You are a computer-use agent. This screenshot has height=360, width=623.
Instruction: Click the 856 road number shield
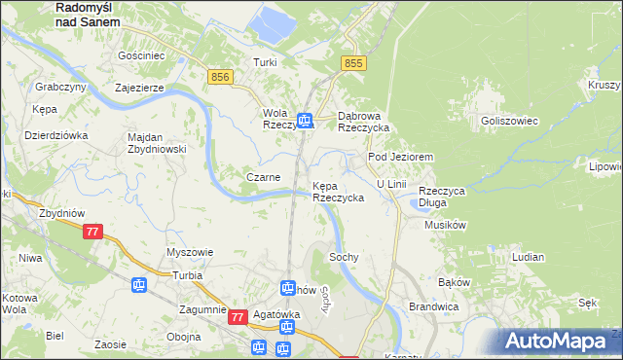pyautogui.click(x=220, y=75)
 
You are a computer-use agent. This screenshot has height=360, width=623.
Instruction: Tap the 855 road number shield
pyautogui.click(x=353, y=62)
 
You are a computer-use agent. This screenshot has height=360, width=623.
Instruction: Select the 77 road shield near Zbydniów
pyautogui.click(x=92, y=232)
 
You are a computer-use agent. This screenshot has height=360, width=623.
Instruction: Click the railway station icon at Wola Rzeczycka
pyautogui.click(x=306, y=120)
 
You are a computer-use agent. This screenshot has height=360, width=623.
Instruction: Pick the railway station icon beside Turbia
pyautogui.click(x=138, y=285)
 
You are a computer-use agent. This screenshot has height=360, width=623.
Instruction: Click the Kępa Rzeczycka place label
pyautogui.click(x=338, y=191)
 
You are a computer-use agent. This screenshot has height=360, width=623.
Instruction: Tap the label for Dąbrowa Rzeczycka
pyautogui.click(x=363, y=121)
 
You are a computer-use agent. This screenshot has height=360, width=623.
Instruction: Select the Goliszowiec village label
pyautogui.click(x=510, y=120)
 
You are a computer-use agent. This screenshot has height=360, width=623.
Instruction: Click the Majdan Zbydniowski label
pyautogui.click(x=157, y=143)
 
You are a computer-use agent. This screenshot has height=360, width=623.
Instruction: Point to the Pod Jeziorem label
pyautogui.click(x=399, y=157)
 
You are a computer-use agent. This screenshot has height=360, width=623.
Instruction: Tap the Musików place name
pyautogui.click(x=447, y=225)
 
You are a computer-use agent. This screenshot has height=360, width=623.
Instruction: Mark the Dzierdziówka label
pyautogui.click(x=56, y=135)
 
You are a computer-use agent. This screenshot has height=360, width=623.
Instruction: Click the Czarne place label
pyautogui.click(x=263, y=178)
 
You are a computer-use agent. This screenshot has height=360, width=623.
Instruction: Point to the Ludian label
pyautogui.click(x=528, y=257)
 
